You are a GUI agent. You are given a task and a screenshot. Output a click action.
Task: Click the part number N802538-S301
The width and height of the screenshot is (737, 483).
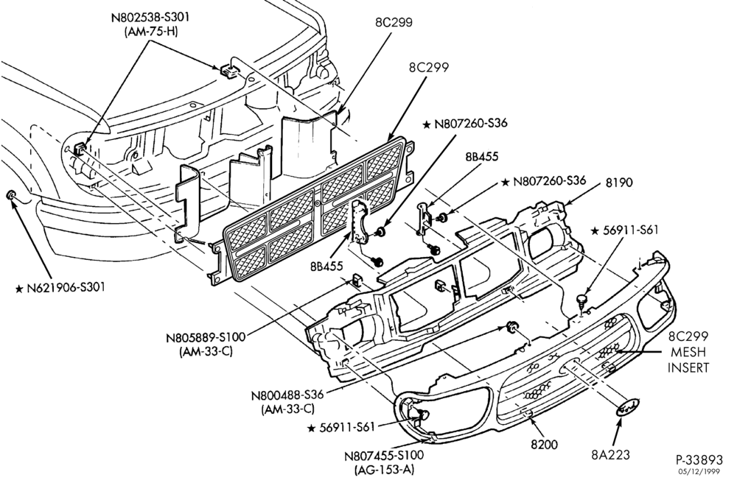point(150,18)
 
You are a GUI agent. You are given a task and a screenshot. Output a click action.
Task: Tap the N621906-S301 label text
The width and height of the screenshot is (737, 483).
point(66,287)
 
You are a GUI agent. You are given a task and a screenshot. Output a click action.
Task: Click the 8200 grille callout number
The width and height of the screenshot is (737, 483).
point(545,444)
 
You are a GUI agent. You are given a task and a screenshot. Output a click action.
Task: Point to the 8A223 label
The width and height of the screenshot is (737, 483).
point(610,454)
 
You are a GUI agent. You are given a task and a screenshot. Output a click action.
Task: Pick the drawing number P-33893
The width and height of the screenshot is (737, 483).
point(699,459)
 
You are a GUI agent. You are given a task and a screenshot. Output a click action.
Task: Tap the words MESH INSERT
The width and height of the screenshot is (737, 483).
point(688,359)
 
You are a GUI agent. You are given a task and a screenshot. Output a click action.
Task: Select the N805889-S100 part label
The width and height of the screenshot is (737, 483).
point(206,338)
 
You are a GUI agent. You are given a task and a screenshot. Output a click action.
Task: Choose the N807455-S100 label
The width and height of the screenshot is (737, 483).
point(384,455)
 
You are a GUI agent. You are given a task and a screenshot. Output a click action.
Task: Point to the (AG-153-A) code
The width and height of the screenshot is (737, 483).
point(384,469)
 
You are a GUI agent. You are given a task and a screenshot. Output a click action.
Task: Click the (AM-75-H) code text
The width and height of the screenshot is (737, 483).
point(151,32)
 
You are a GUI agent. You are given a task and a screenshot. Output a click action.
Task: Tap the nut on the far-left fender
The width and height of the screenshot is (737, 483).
point(11,195)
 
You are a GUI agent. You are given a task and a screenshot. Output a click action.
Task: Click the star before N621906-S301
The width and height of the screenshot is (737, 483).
point(19,288)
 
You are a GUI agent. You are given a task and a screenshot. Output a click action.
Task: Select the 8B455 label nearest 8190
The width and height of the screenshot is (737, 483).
point(482,156)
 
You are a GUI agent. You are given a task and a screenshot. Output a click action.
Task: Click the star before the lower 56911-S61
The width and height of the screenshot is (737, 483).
point(311,428)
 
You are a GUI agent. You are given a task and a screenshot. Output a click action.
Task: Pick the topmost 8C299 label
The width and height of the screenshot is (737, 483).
point(394,23)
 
